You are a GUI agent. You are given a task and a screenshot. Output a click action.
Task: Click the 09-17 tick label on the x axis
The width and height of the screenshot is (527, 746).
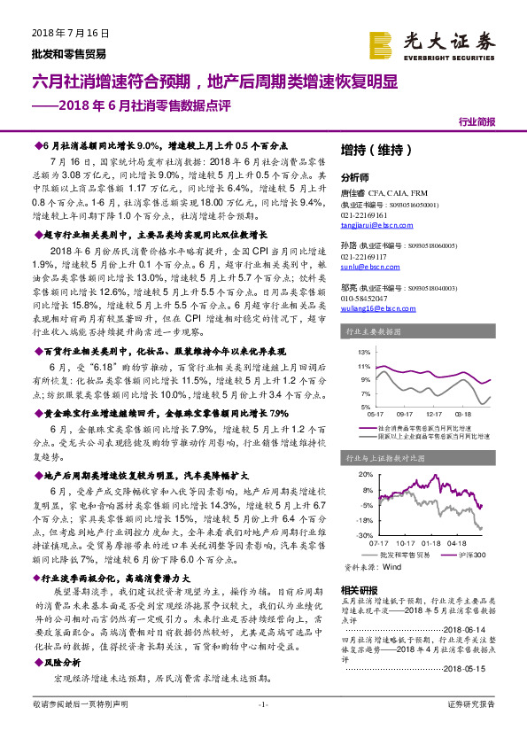pyautogui.click(x=405, y=413)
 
